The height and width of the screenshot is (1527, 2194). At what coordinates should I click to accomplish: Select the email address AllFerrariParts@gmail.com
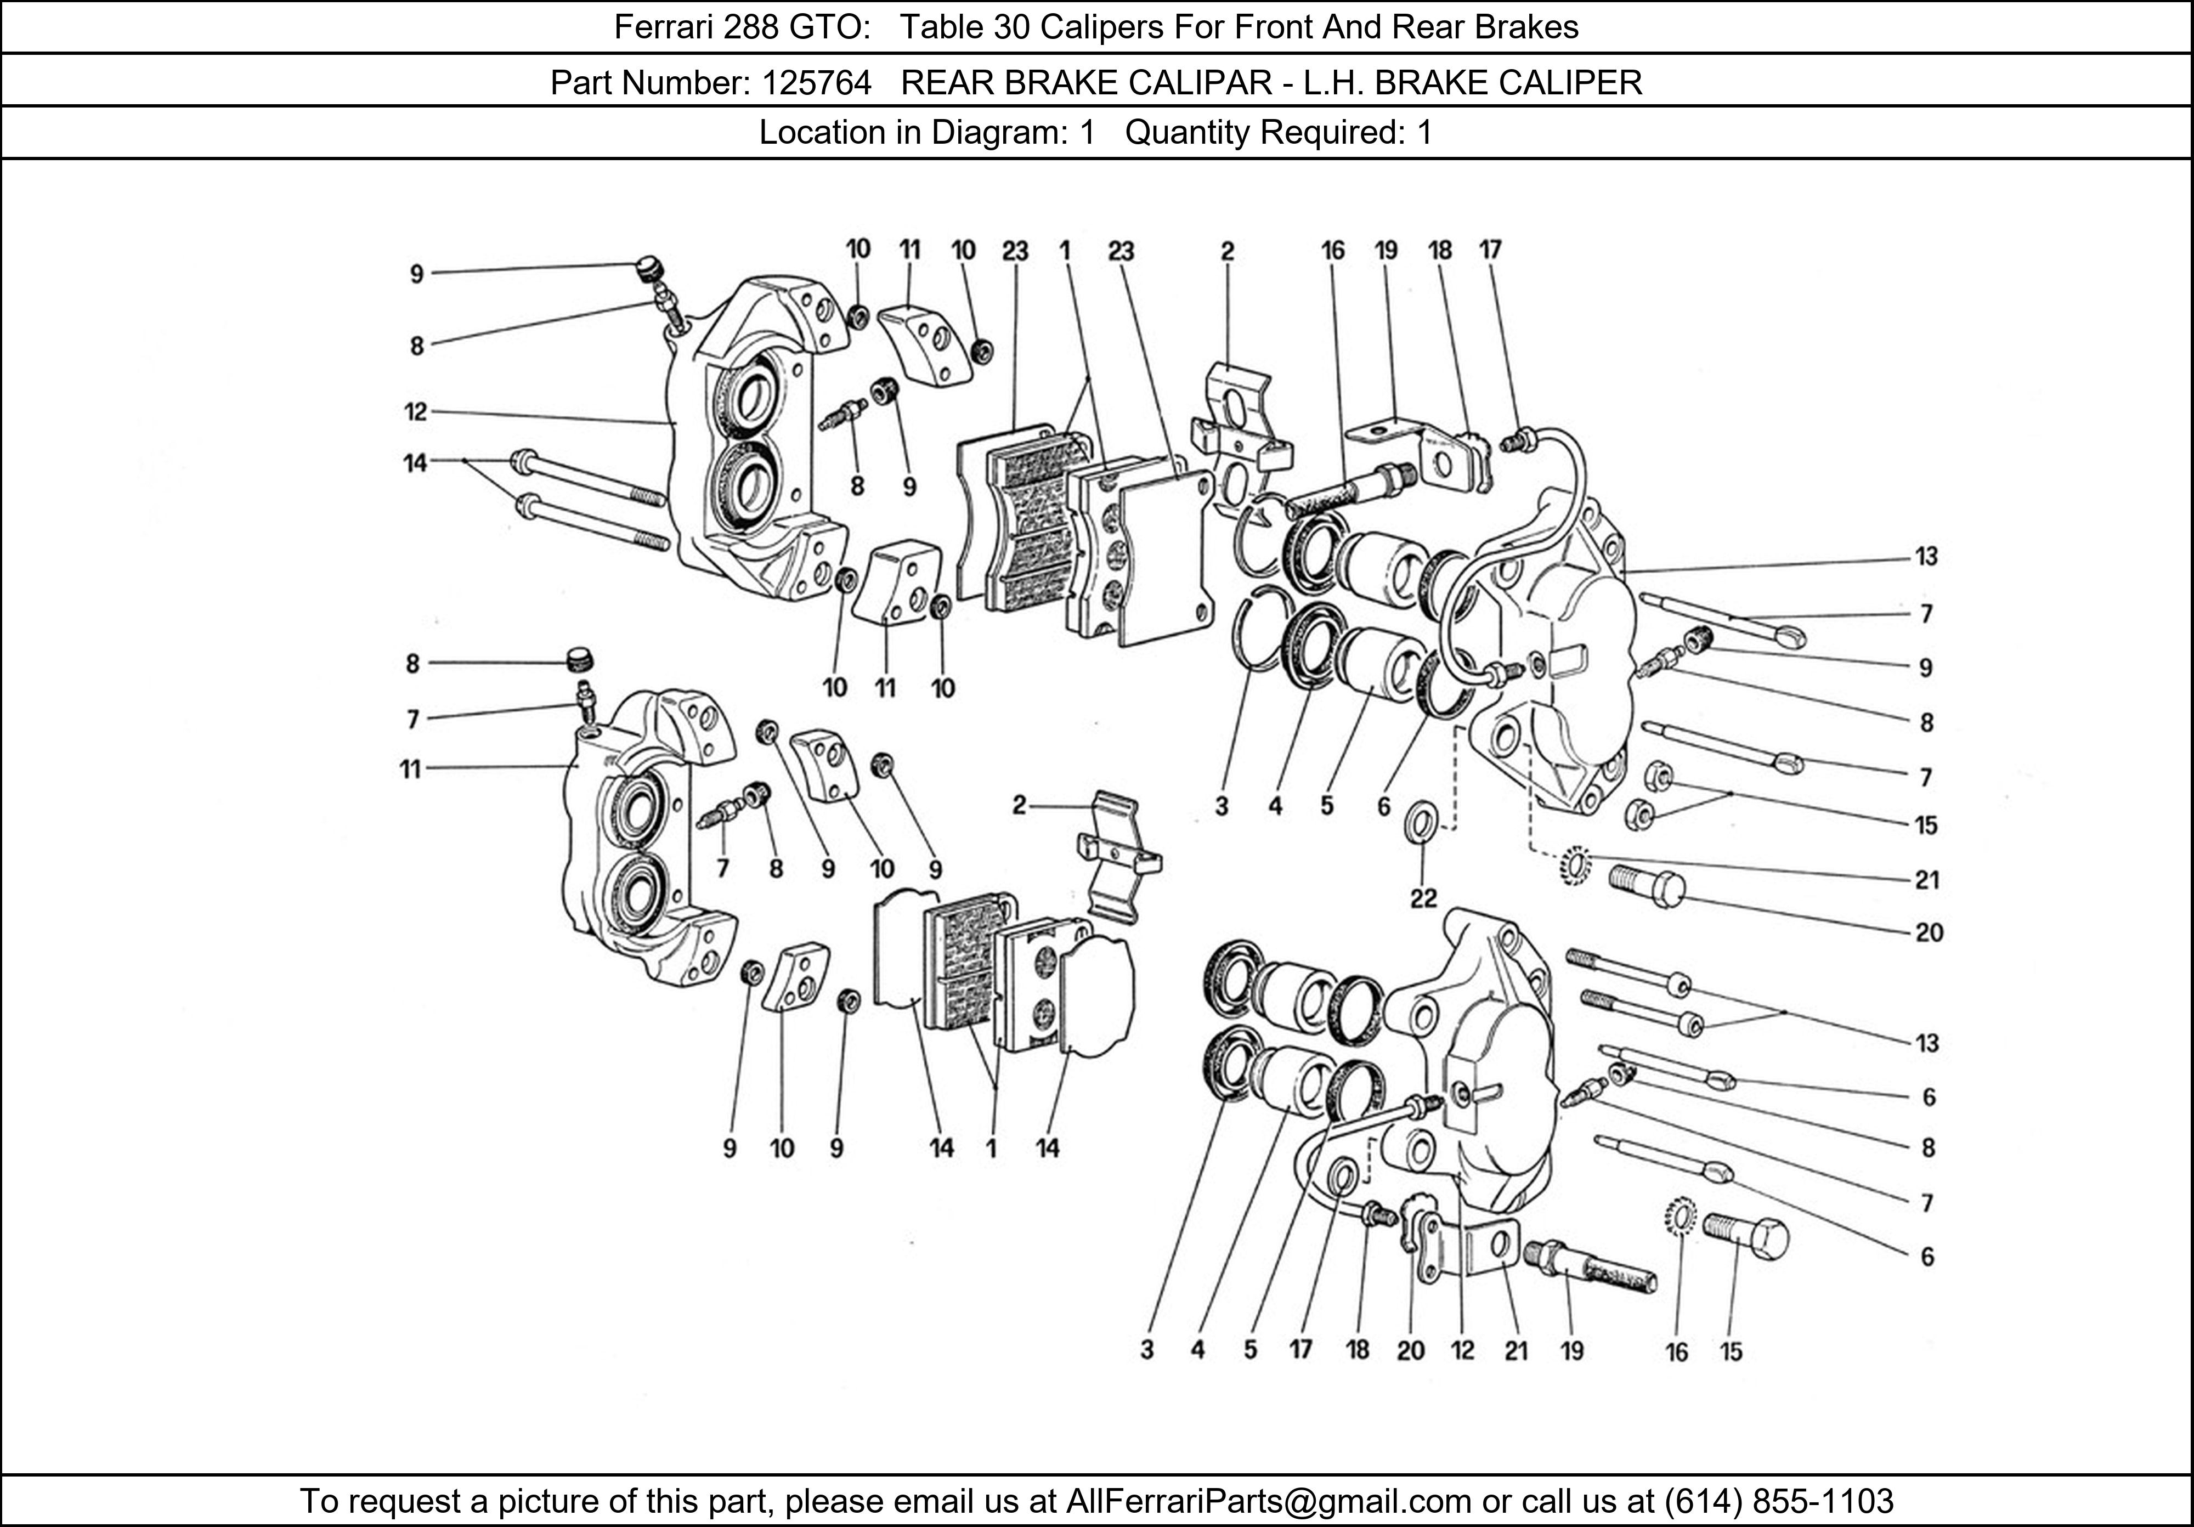[x=1268, y=1501]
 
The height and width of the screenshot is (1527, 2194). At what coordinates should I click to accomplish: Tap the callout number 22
[x=1423, y=898]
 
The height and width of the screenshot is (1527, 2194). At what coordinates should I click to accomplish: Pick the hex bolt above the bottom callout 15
[x=1746, y=1236]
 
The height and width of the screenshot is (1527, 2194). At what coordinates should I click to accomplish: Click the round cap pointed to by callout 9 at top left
[x=650, y=269]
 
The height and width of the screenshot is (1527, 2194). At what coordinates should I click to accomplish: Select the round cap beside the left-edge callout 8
[x=578, y=659]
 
